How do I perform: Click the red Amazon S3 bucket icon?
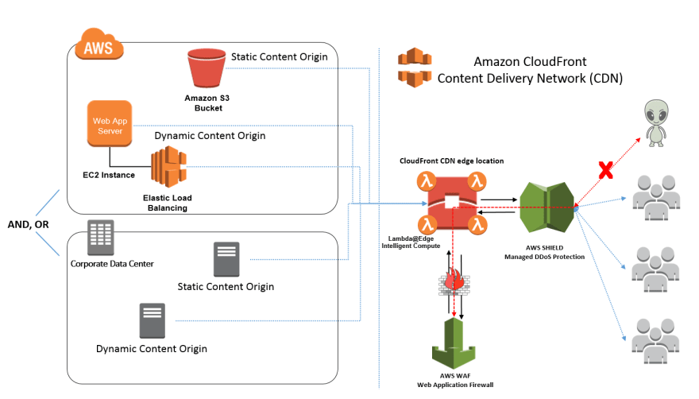(x=207, y=68)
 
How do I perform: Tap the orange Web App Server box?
(x=110, y=124)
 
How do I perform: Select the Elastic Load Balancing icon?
(x=168, y=167)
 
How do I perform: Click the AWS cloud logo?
(x=99, y=45)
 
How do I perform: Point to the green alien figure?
(x=656, y=123)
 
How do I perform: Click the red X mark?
(x=605, y=170)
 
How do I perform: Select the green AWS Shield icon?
(x=547, y=207)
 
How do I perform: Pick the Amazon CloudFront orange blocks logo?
(x=415, y=68)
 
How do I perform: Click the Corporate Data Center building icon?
(x=100, y=237)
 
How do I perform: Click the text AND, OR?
(x=28, y=224)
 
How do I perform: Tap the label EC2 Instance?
(x=109, y=175)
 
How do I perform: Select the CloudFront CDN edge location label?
(x=452, y=161)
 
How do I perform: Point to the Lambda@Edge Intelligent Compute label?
(x=411, y=242)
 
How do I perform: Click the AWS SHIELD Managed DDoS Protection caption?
(x=544, y=252)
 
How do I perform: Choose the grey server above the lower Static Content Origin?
(x=226, y=259)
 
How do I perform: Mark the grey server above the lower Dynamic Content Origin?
(x=152, y=320)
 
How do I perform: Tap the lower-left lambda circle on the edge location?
(x=427, y=224)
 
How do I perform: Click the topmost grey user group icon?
(x=656, y=197)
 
